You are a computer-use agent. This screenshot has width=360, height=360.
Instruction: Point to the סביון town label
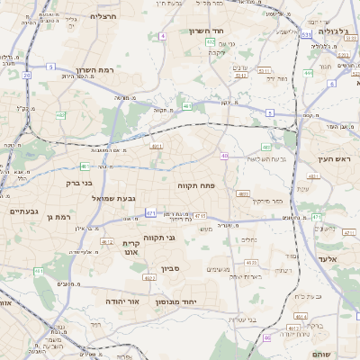171,268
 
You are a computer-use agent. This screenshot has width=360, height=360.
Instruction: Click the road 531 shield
306,35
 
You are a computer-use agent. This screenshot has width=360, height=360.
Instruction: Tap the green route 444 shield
308,74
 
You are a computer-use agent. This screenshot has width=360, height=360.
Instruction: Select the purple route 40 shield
223,157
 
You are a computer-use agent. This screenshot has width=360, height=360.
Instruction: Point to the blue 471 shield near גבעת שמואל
151,214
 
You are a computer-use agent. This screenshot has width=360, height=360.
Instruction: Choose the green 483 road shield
265,147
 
